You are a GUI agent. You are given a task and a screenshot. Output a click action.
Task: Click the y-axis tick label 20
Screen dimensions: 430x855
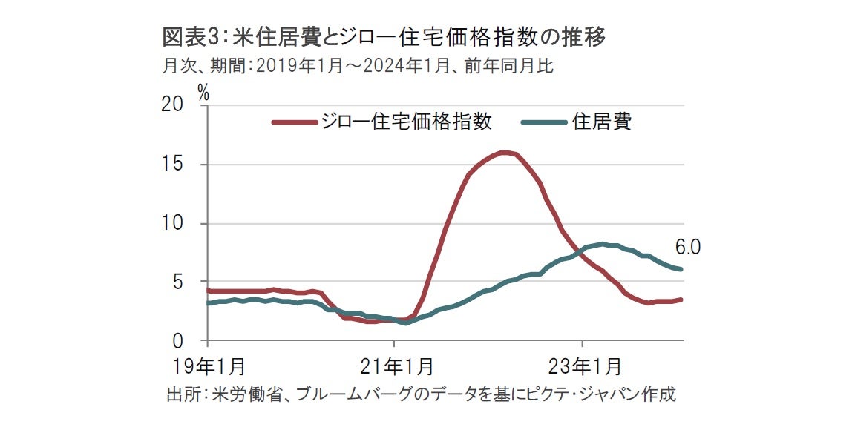click(x=172, y=105)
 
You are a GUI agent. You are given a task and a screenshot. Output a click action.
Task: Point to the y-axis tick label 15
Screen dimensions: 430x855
click(x=172, y=165)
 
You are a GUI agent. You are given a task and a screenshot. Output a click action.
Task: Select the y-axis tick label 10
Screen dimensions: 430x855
click(x=172, y=223)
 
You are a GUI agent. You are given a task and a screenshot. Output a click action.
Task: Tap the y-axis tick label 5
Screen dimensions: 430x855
click(x=178, y=282)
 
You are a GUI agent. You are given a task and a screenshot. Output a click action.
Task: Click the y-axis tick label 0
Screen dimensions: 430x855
click(x=178, y=341)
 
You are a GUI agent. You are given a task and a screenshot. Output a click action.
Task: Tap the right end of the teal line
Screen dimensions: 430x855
click(x=681, y=269)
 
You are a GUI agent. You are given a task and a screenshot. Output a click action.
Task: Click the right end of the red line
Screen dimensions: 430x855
click(x=681, y=300)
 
